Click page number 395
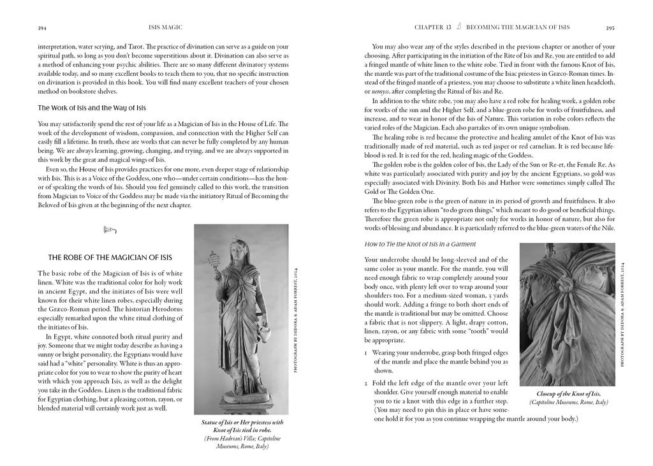pyautogui.click(x=610, y=27)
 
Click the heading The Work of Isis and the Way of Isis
pyautogui.click(x=92, y=107)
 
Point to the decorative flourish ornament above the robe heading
pyautogui.click(x=108, y=228)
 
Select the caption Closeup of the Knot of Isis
pyautogui.click(x=568, y=394)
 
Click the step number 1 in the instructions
pyautogui.click(x=366, y=351)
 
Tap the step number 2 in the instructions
pyautogui.click(x=366, y=382)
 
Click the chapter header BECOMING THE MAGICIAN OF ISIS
pyautogui.click(x=518, y=27)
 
